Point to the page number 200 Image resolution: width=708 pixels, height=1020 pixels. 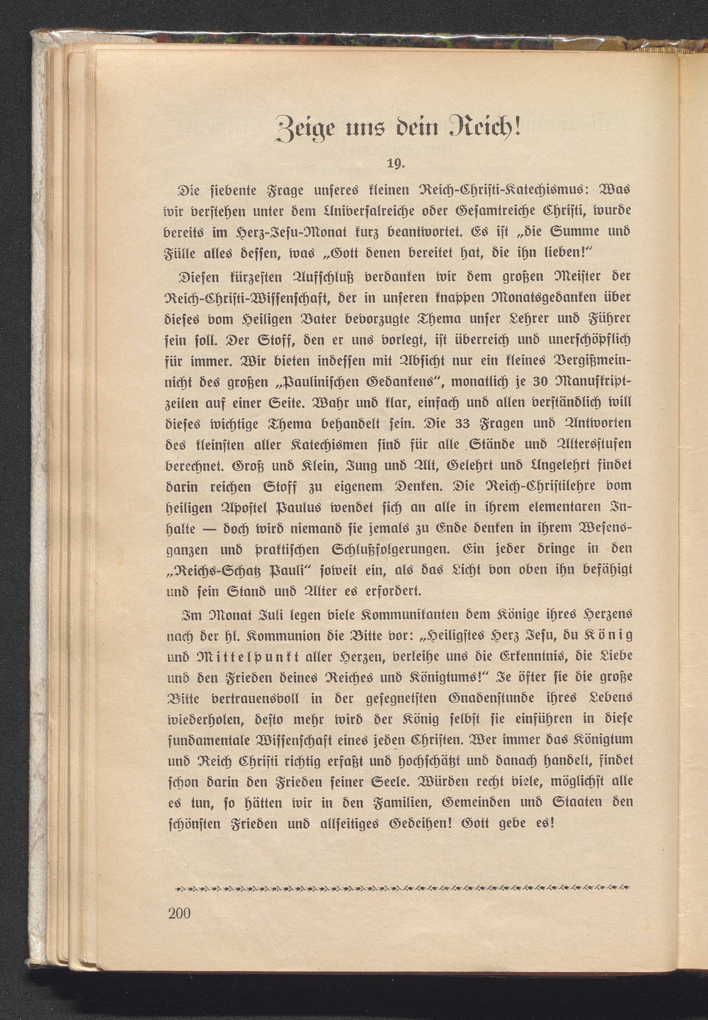point(179,912)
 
